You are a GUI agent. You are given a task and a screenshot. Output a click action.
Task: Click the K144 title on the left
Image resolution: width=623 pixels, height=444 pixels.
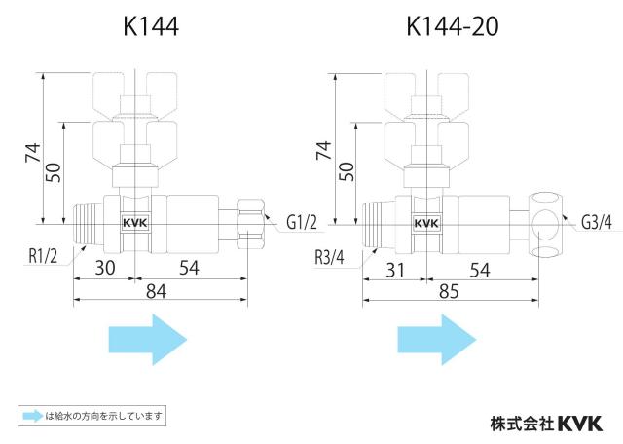pos(151,26)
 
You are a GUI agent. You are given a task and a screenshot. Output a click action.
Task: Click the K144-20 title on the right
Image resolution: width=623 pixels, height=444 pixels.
pos(452,26)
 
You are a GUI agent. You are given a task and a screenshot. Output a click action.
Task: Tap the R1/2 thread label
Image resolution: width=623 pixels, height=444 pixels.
pos(43,256)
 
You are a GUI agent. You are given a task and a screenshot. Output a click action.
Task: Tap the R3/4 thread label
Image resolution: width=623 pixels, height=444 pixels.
pos(329,258)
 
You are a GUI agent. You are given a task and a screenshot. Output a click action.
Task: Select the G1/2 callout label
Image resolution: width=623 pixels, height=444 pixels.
pos(302,223)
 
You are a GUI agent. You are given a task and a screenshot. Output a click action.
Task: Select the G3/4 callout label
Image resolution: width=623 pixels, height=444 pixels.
pos(597,223)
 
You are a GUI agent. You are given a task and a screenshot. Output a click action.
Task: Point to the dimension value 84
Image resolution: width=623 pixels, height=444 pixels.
pos(156,291)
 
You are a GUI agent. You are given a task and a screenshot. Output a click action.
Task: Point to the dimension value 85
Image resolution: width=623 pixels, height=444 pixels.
pos(449,292)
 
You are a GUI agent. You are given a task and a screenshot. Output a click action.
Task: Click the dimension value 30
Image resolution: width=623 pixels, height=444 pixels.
pos(105,268)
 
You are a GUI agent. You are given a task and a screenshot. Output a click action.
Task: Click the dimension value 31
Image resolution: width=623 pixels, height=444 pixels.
pos(395,271)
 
